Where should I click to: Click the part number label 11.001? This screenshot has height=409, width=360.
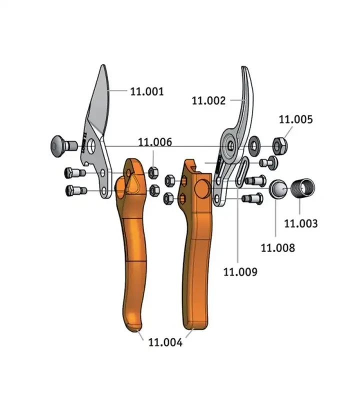click(147, 91)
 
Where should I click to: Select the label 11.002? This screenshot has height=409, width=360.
click(208, 100)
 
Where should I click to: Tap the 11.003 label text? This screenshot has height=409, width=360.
click(301, 223)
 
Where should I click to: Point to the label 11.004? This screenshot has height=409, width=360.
click(165, 342)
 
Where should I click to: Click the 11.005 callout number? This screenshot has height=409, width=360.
click(296, 119)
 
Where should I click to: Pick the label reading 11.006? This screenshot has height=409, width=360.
click(155, 142)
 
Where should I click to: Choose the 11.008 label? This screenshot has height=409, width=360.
click(278, 248)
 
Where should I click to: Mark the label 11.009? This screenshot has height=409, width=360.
click(240, 272)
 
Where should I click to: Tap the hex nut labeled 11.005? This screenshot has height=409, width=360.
click(280, 146)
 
